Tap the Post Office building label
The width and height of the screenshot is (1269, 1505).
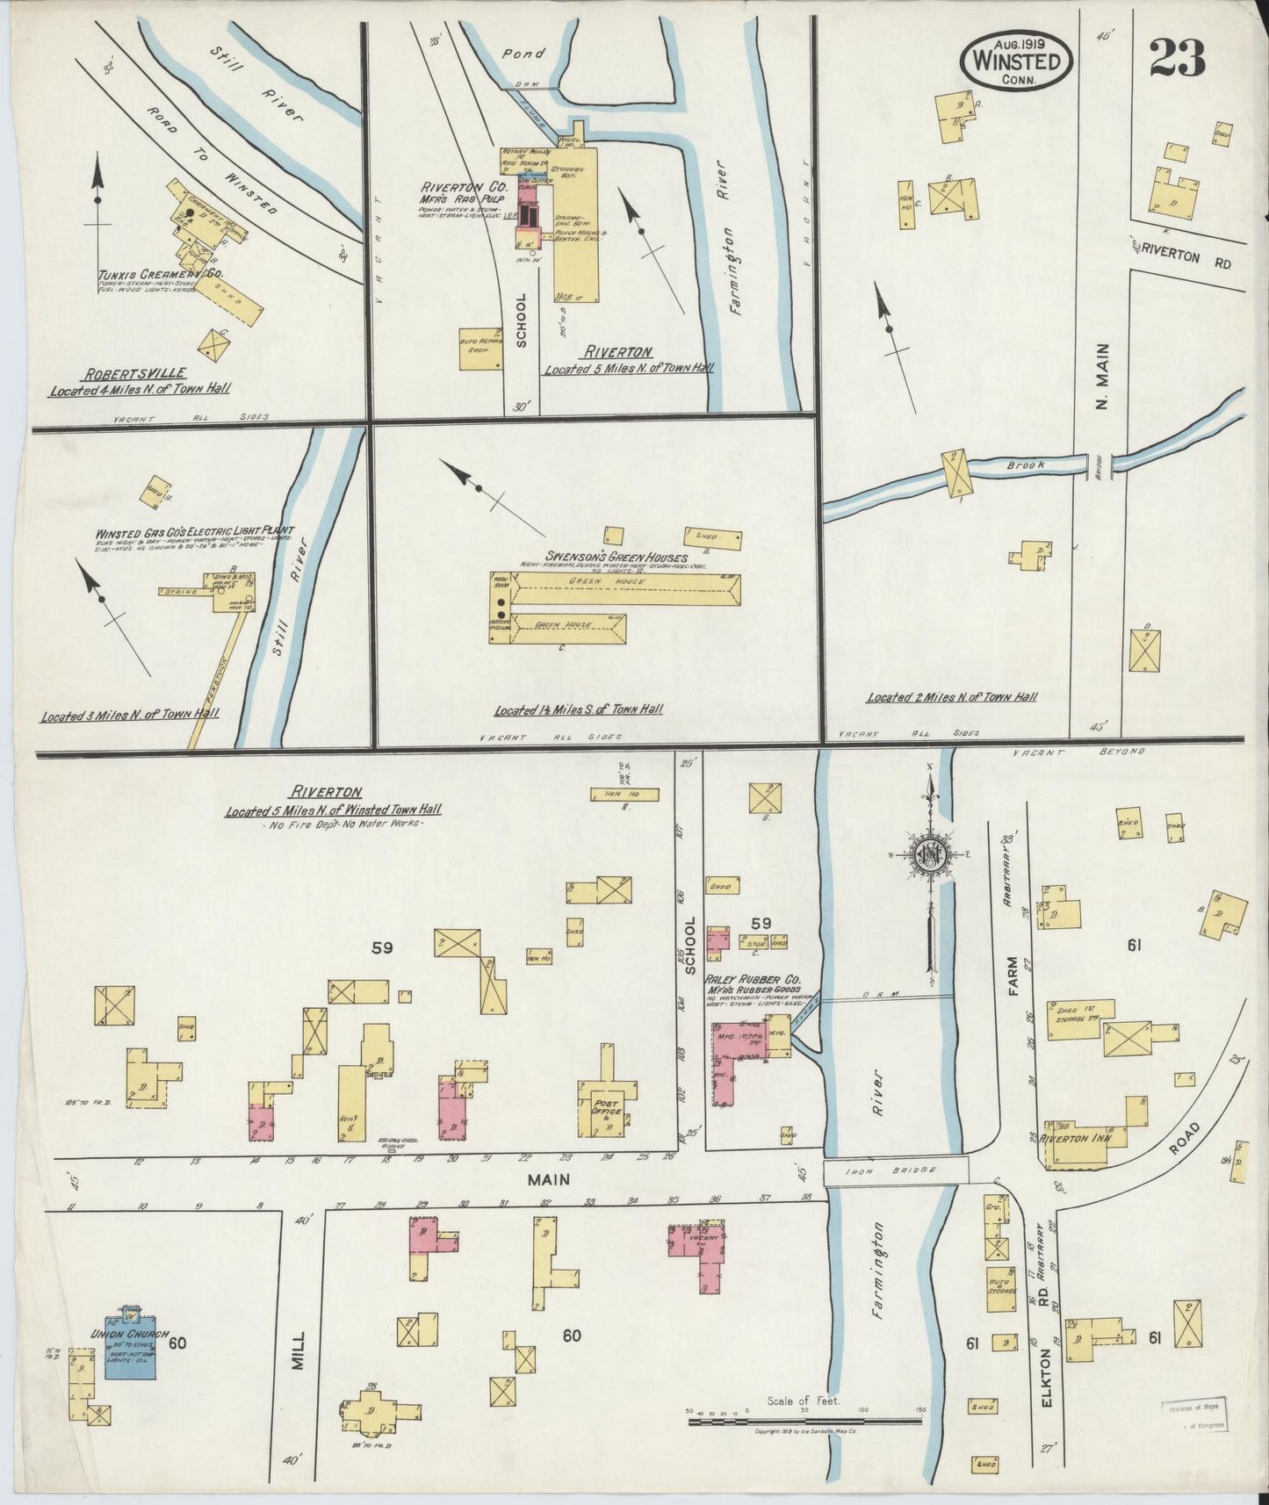(607, 1107)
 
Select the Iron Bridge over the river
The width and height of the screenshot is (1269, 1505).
(895, 1170)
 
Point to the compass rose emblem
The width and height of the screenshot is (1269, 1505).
(928, 855)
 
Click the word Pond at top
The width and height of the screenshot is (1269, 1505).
(524, 54)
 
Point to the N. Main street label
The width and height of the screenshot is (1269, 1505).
(1103, 376)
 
